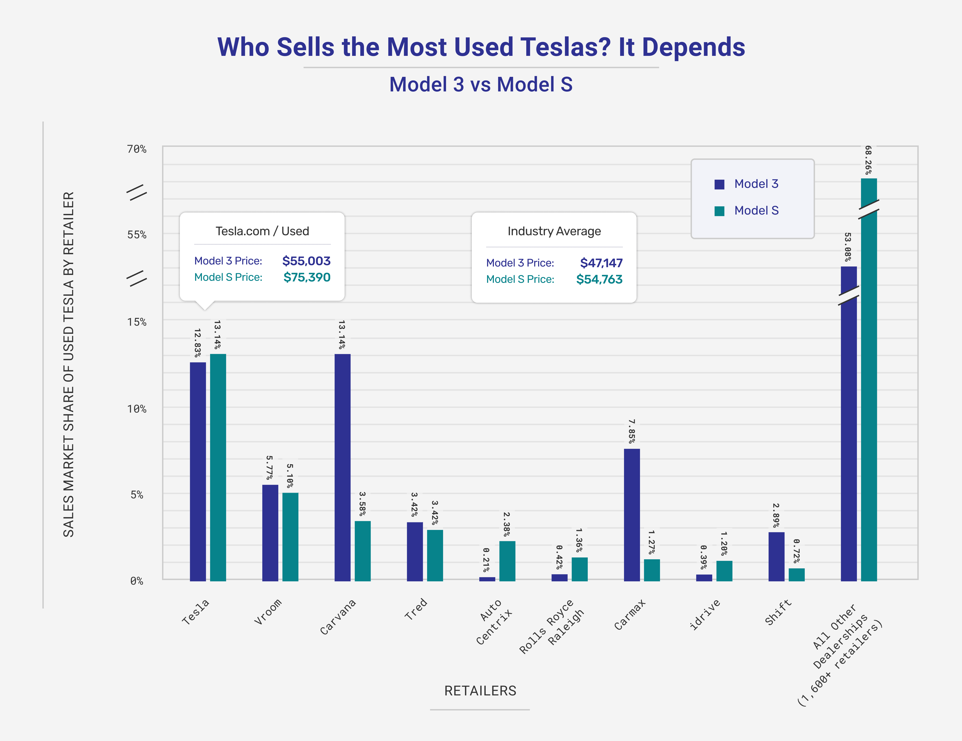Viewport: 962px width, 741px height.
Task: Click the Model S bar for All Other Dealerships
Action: [869, 396]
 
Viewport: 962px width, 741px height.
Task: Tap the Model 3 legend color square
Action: [719, 184]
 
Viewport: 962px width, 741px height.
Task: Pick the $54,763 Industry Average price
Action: [599, 279]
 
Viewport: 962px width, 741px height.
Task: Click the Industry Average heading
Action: [554, 231]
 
